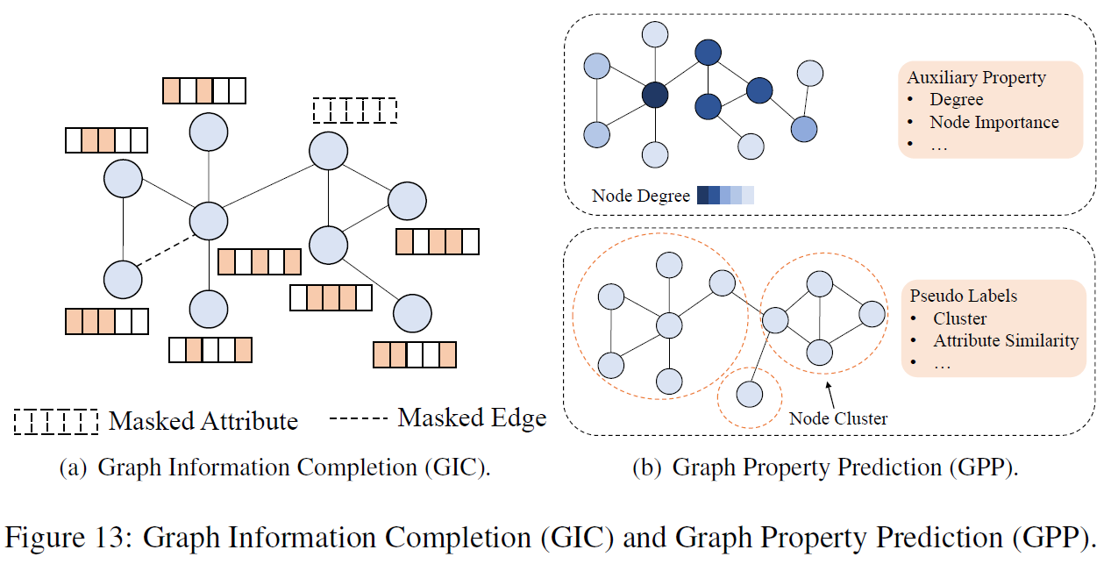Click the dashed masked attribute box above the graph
coord(355,111)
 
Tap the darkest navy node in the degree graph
coord(654,95)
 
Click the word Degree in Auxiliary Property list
coord(957,100)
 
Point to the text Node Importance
coord(994,123)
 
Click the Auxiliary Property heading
coord(976,77)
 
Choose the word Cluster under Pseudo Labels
coord(959,318)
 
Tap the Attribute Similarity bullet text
coord(1005,340)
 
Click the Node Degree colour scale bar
coord(725,196)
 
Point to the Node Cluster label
coord(837,418)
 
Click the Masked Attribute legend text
coord(203,421)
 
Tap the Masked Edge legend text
coord(472,418)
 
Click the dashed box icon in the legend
coord(55,422)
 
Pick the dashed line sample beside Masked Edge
coord(358,420)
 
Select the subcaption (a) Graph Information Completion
coord(274,468)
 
